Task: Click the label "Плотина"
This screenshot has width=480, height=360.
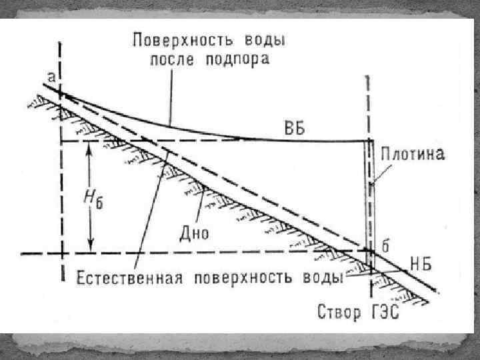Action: click(413, 154)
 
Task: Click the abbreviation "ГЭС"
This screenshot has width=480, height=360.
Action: click(385, 311)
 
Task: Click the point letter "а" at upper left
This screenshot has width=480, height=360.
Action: click(51, 78)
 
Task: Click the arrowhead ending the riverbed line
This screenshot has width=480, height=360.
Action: click(435, 290)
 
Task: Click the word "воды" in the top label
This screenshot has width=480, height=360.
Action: click(265, 39)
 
